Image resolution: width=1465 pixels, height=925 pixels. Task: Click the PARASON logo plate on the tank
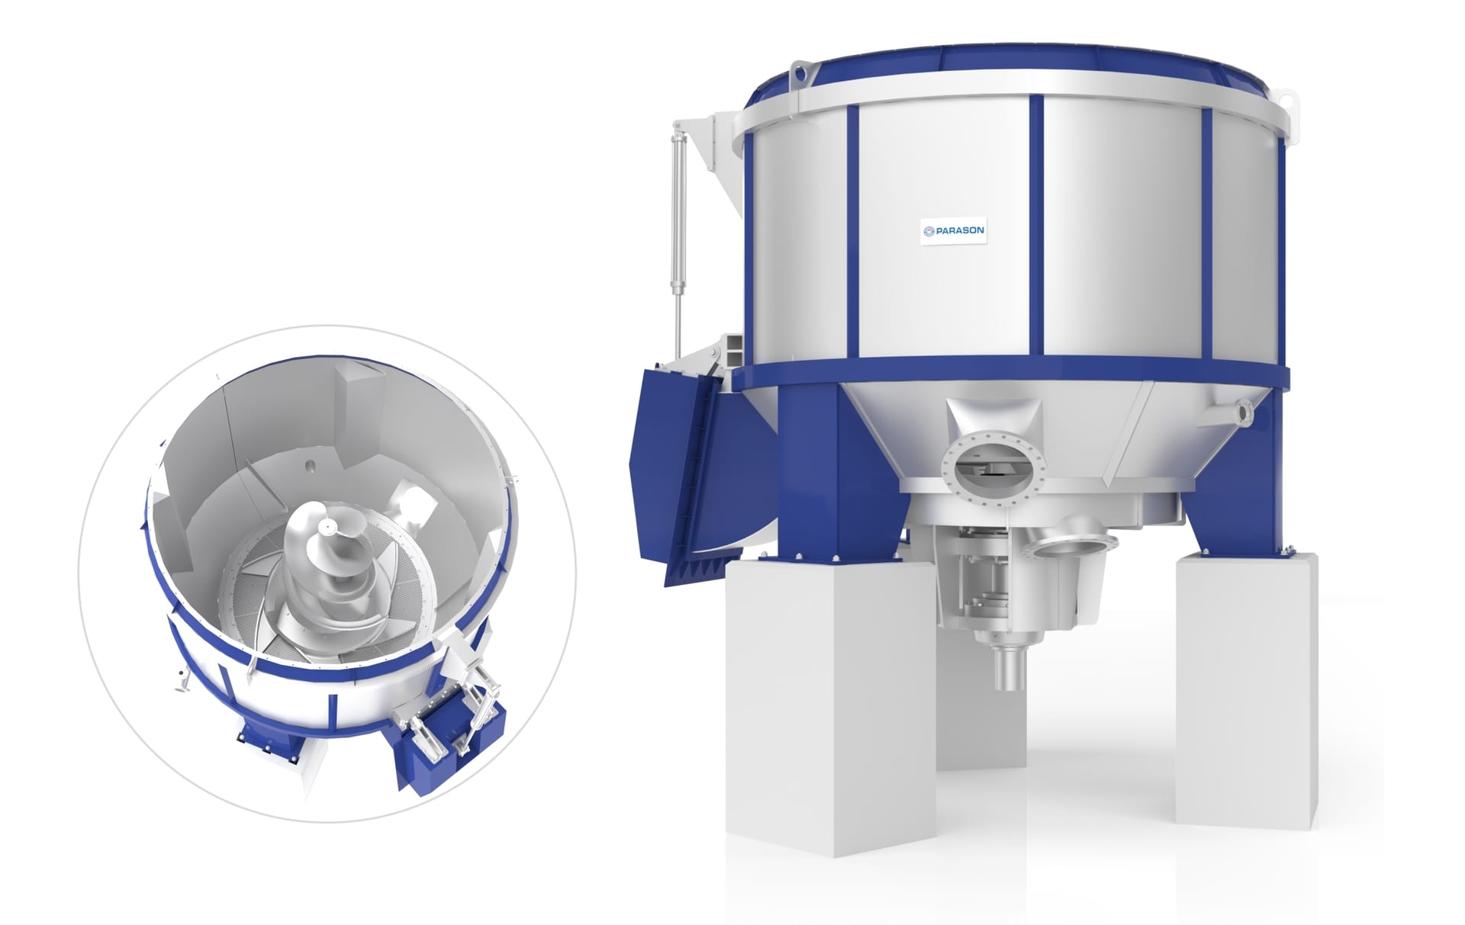click(x=952, y=230)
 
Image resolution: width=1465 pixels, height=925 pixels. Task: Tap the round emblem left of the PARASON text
click(x=929, y=230)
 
